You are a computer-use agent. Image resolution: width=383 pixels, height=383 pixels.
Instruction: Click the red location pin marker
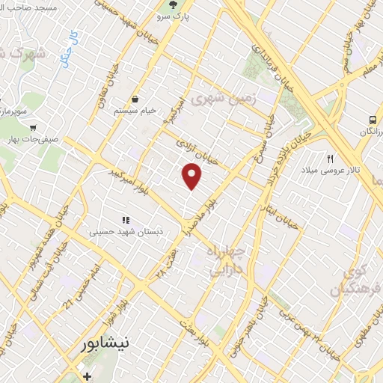192,176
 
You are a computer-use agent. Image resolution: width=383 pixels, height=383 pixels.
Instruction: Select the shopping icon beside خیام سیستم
135,99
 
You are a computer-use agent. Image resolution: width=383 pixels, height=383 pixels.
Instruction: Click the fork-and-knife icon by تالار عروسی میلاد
330,158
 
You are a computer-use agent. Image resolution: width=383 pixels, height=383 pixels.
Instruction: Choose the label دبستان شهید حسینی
126,232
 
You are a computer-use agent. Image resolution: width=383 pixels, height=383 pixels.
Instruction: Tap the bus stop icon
371,120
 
